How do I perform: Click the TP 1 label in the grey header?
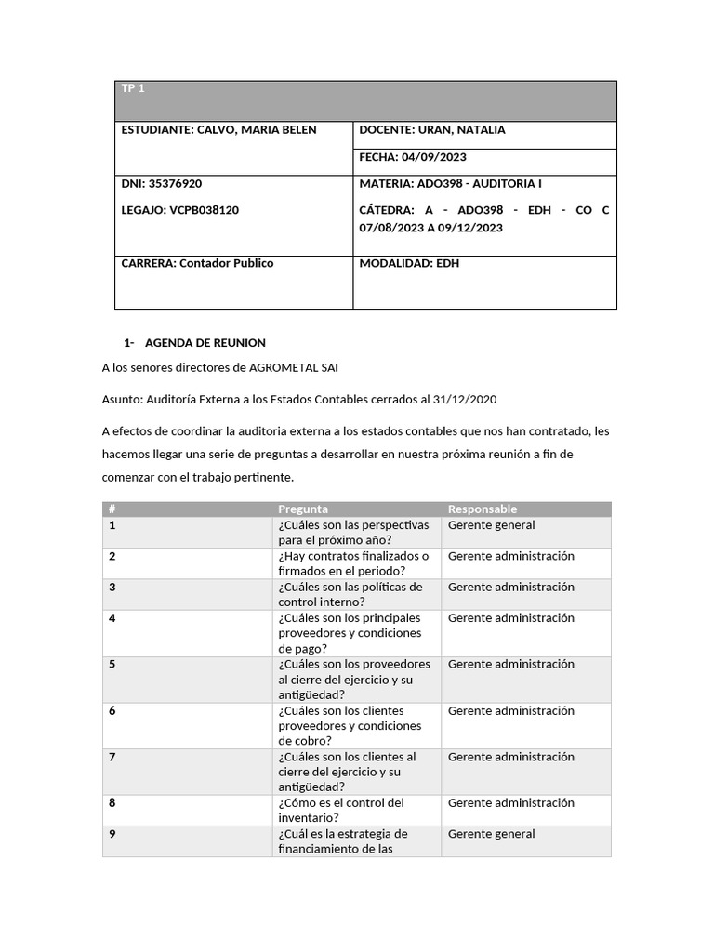[x=133, y=88]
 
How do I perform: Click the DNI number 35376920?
[x=176, y=184]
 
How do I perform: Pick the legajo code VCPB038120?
[x=205, y=210]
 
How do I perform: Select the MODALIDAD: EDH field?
[x=409, y=263]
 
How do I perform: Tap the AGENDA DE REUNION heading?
[x=205, y=343]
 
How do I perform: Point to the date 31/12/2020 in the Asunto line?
[x=463, y=399]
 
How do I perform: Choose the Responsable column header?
[x=482, y=509]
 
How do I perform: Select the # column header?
[x=112, y=509]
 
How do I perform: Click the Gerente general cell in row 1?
[x=491, y=525]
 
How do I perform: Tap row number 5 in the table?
[x=112, y=664]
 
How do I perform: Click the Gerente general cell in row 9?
[x=491, y=834]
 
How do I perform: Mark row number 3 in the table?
[x=112, y=587]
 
